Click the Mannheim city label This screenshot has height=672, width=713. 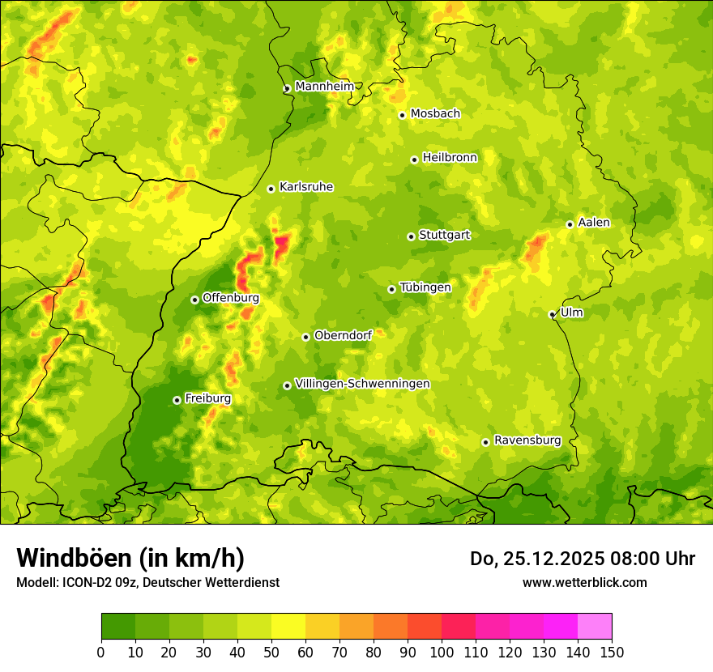324,87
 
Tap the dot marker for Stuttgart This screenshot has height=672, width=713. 412,236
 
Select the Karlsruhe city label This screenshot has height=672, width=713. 306,187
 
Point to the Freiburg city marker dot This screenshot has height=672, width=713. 177,400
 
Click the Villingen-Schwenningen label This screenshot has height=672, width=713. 362,384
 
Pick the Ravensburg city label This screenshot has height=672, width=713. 527,440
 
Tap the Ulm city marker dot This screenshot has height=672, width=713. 553,314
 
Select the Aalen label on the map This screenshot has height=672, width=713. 594,223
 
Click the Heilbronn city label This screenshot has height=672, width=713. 450,158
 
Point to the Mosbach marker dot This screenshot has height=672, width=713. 402,115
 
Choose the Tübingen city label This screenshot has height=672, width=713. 425,287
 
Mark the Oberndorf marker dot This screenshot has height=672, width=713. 305,337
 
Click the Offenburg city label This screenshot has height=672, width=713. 231,298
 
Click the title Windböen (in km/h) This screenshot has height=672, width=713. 130,558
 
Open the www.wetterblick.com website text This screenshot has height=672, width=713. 584,582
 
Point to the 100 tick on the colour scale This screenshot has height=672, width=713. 442,652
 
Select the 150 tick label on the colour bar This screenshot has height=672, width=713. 612,652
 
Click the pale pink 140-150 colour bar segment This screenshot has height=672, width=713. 595,626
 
